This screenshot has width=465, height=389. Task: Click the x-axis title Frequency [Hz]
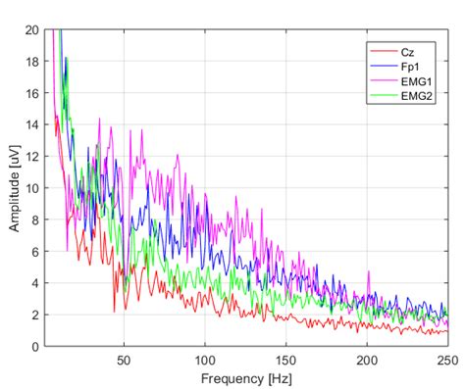245,377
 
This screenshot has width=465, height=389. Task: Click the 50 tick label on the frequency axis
124,360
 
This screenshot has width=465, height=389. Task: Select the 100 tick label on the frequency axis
205,360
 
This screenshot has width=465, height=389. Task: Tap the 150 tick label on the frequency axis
285,360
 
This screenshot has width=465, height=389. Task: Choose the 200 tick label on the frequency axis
366,360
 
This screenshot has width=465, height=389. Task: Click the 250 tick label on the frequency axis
446,360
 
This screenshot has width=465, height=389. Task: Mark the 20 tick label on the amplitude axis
32,29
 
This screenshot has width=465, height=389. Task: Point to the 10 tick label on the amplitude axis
32,188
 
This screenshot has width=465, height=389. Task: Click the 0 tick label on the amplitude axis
35,347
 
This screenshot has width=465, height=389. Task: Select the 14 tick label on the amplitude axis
32,124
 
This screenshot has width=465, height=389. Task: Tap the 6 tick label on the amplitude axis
35,252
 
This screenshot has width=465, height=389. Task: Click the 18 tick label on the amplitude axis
32,61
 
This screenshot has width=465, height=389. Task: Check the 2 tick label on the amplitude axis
35,315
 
